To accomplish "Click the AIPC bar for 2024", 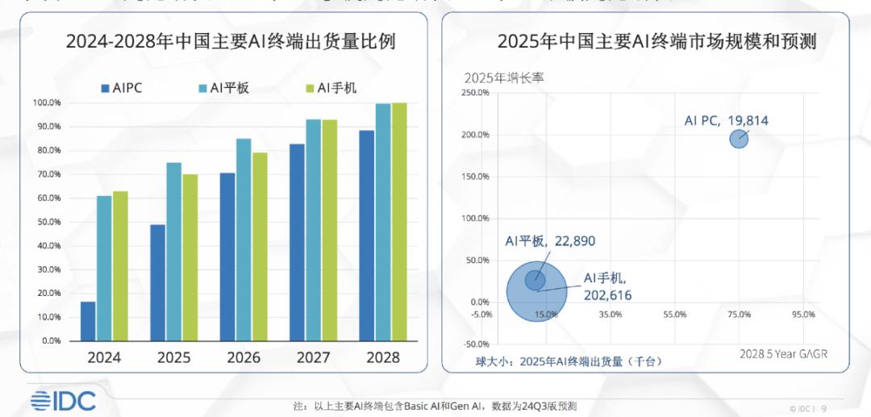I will [x=88, y=321].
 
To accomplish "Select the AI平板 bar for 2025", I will [x=173, y=252].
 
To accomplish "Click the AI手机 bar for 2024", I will [x=120, y=266].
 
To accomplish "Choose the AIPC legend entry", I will [x=122, y=88].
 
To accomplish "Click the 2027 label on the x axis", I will [x=313, y=357].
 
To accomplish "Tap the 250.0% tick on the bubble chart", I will [x=475, y=93].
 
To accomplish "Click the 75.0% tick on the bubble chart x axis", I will [x=739, y=314].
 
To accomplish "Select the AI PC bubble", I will [x=739, y=139].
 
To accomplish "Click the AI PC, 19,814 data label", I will [x=726, y=121].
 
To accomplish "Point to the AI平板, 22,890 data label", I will [x=550, y=241].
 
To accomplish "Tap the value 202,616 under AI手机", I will [x=607, y=295].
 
